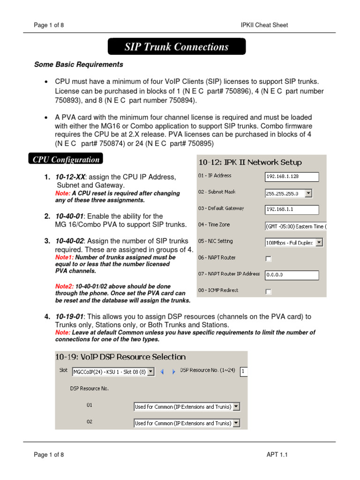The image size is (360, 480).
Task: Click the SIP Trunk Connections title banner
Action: [x=177, y=47]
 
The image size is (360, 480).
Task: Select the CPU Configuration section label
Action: [x=66, y=159]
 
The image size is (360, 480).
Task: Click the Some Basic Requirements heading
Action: [x=79, y=65]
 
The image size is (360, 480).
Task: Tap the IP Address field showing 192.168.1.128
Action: [x=292, y=177]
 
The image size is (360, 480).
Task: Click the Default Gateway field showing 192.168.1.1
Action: [x=292, y=210]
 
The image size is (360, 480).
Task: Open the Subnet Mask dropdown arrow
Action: [x=308, y=193]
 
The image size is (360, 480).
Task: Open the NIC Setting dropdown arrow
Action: [x=319, y=242]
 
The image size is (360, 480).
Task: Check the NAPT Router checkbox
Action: [x=269, y=259]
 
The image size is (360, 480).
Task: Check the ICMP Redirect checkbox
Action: [x=269, y=292]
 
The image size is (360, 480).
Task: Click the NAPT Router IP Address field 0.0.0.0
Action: [x=292, y=275]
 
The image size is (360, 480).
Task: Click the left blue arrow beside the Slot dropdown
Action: [x=162, y=372]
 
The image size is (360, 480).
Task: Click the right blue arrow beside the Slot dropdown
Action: [x=173, y=372]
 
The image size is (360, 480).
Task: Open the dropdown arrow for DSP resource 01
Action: [x=236, y=407]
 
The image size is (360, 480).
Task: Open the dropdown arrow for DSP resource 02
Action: [x=236, y=423]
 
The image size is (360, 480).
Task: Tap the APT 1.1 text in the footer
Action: [x=277, y=454]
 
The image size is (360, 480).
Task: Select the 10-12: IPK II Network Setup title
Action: [x=250, y=163]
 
